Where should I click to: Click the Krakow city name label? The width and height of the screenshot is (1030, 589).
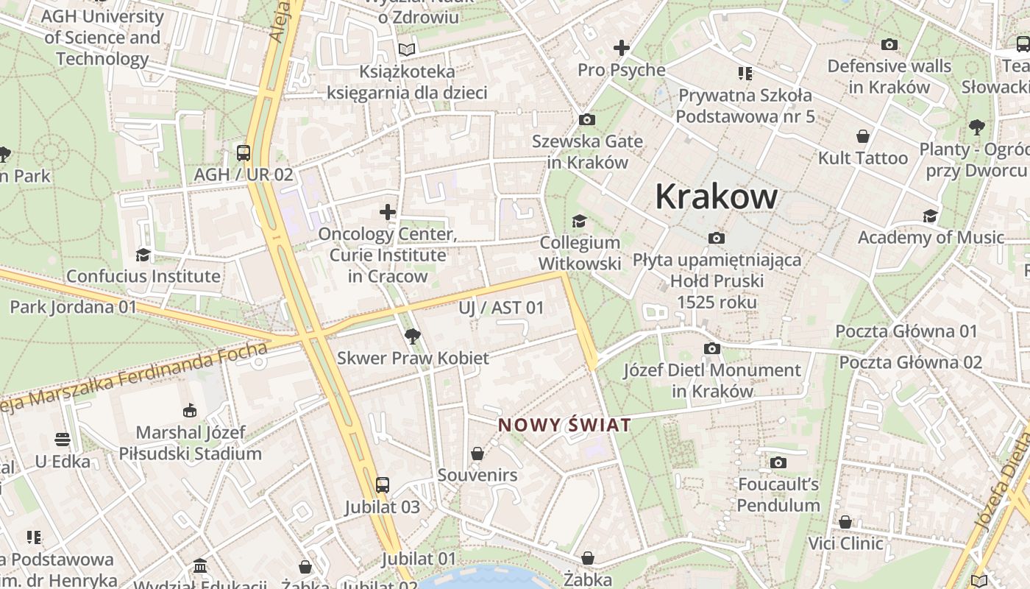[716, 197]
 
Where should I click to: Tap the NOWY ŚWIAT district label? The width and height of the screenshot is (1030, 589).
[564, 425]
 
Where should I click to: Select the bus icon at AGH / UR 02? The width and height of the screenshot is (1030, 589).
[244, 153]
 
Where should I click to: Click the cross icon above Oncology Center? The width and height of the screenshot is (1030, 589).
[388, 213]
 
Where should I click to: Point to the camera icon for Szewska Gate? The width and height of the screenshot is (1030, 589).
[587, 119]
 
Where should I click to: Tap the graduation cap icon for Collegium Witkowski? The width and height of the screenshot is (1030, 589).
[580, 221]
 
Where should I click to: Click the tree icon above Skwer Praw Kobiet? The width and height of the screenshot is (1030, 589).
[413, 336]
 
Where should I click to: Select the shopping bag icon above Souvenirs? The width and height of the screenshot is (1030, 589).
[477, 454]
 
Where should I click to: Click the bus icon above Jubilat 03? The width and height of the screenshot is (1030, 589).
[383, 485]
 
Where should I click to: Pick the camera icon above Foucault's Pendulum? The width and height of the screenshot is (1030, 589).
[778, 462]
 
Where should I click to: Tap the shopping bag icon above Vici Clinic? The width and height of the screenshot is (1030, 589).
[845, 522]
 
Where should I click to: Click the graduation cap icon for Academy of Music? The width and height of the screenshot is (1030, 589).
[931, 216]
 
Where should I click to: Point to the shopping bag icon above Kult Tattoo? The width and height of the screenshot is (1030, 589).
[863, 136]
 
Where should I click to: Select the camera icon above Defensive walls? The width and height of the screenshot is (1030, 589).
[889, 45]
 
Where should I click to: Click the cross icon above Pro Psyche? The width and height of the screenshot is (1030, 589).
[622, 49]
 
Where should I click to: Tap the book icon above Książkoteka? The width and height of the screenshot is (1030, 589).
[407, 49]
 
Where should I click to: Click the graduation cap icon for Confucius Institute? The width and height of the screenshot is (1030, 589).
[143, 255]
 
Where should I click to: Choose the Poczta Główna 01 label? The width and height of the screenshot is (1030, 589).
[906, 331]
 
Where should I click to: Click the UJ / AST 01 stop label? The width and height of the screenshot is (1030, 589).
[501, 308]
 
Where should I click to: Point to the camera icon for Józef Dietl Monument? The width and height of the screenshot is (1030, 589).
[712, 348]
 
